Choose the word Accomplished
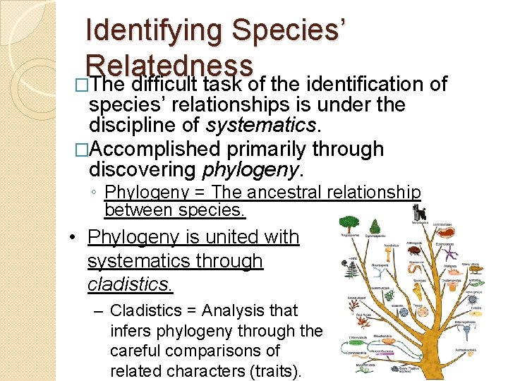155,149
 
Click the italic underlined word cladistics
130,285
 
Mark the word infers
130,330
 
